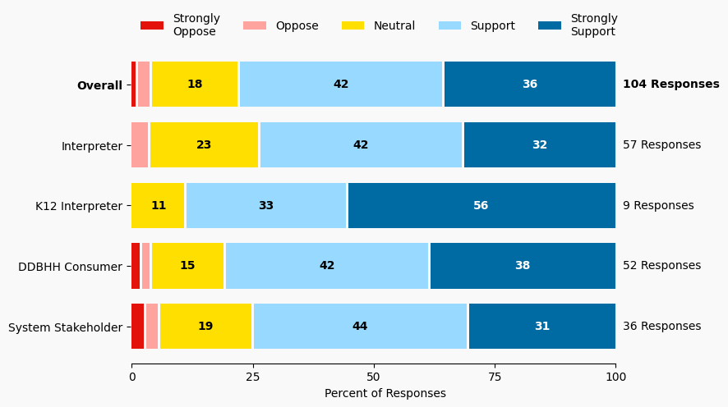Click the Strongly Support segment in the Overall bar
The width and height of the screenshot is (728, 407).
[x=529, y=85]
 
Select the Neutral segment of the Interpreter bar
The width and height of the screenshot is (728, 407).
[x=205, y=145]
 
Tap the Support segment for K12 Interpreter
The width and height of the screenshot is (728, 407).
[x=266, y=206]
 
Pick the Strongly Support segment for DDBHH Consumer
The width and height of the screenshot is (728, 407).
[x=523, y=266]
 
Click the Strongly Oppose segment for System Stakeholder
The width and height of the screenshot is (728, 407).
[x=138, y=327]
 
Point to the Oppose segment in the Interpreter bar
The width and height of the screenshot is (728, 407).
[x=140, y=145]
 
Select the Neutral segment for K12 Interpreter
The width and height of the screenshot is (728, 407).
[x=159, y=206]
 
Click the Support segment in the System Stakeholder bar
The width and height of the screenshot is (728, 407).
[x=360, y=327]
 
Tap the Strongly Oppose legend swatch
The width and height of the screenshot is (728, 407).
[x=152, y=25]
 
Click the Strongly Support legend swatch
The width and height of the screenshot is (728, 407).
[x=550, y=25]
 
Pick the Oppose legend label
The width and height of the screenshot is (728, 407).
[x=297, y=25]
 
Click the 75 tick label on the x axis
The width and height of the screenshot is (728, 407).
[x=495, y=377]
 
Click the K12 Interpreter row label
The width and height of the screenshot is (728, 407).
[x=79, y=206]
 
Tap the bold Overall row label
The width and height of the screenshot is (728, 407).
[x=99, y=85]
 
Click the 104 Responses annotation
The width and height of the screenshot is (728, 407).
[x=670, y=85]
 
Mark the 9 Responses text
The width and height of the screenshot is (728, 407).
[x=658, y=206]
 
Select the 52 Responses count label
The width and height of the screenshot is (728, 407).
[x=661, y=266]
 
